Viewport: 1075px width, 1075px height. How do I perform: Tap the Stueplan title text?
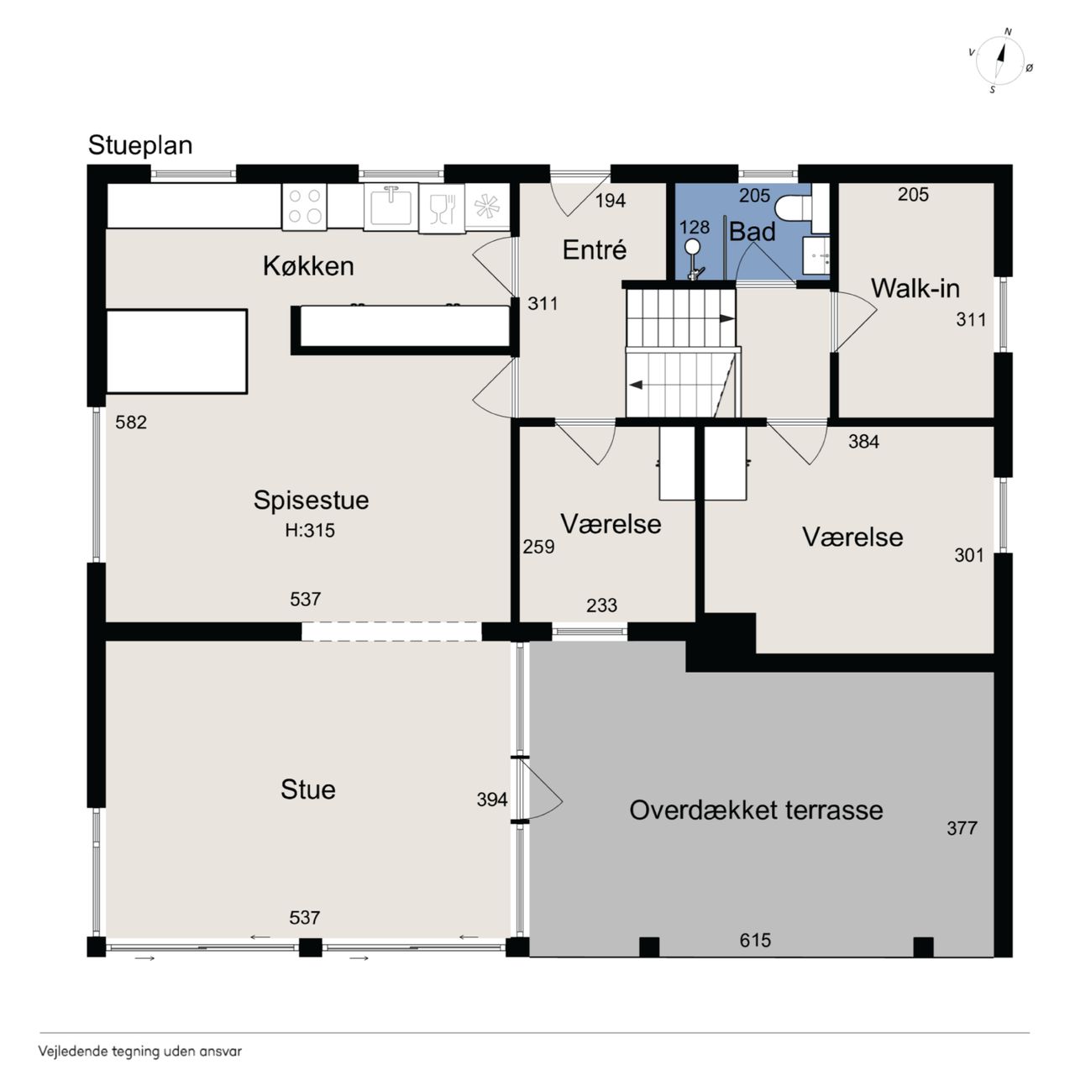click(x=140, y=145)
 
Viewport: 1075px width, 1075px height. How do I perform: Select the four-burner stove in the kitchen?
click(x=305, y=206)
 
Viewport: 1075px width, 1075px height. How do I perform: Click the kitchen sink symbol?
click(x=391, y=207)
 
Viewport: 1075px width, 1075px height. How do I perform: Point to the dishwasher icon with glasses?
click(x=442, y=208)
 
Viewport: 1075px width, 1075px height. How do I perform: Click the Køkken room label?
click(x=308, y=266)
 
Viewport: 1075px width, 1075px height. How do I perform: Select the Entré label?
click(x=594, y=249)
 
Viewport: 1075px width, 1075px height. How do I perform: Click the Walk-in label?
click(x=915, y=288)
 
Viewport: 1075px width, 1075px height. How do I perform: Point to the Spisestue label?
click(x=311, y=500)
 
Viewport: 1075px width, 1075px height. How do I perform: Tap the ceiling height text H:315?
click(x=310, y=530)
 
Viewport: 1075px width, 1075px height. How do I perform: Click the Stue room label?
click(x=308, y=789)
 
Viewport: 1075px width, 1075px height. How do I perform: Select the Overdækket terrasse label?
click(x=756, y=810)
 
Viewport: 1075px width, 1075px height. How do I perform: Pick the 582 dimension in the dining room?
click(x=131, y=422)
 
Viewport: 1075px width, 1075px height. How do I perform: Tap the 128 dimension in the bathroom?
click(x=695, y=227)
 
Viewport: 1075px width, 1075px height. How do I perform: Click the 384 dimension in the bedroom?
click(x=863, y=442)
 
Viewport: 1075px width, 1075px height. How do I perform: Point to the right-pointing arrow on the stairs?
click(x=726, y=318)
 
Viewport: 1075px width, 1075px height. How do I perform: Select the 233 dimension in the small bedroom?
click(x=601, y=606)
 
